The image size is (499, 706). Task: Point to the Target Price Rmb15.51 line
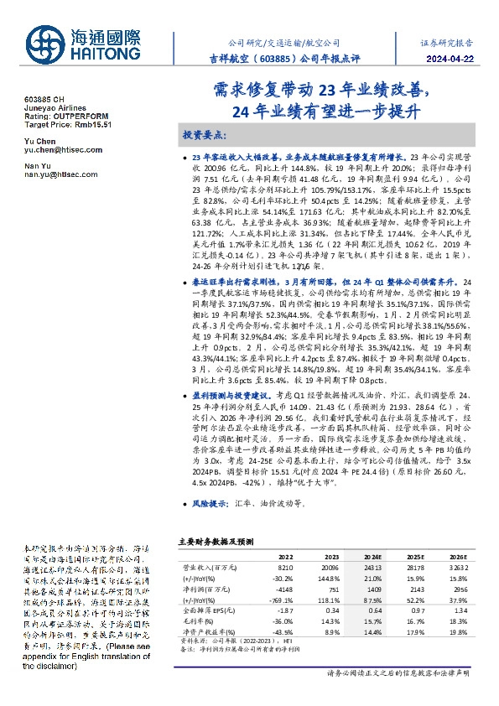point(68,123)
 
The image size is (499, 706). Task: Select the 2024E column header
point(373,556)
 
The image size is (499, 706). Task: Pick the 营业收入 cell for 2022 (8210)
point(285,567)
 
